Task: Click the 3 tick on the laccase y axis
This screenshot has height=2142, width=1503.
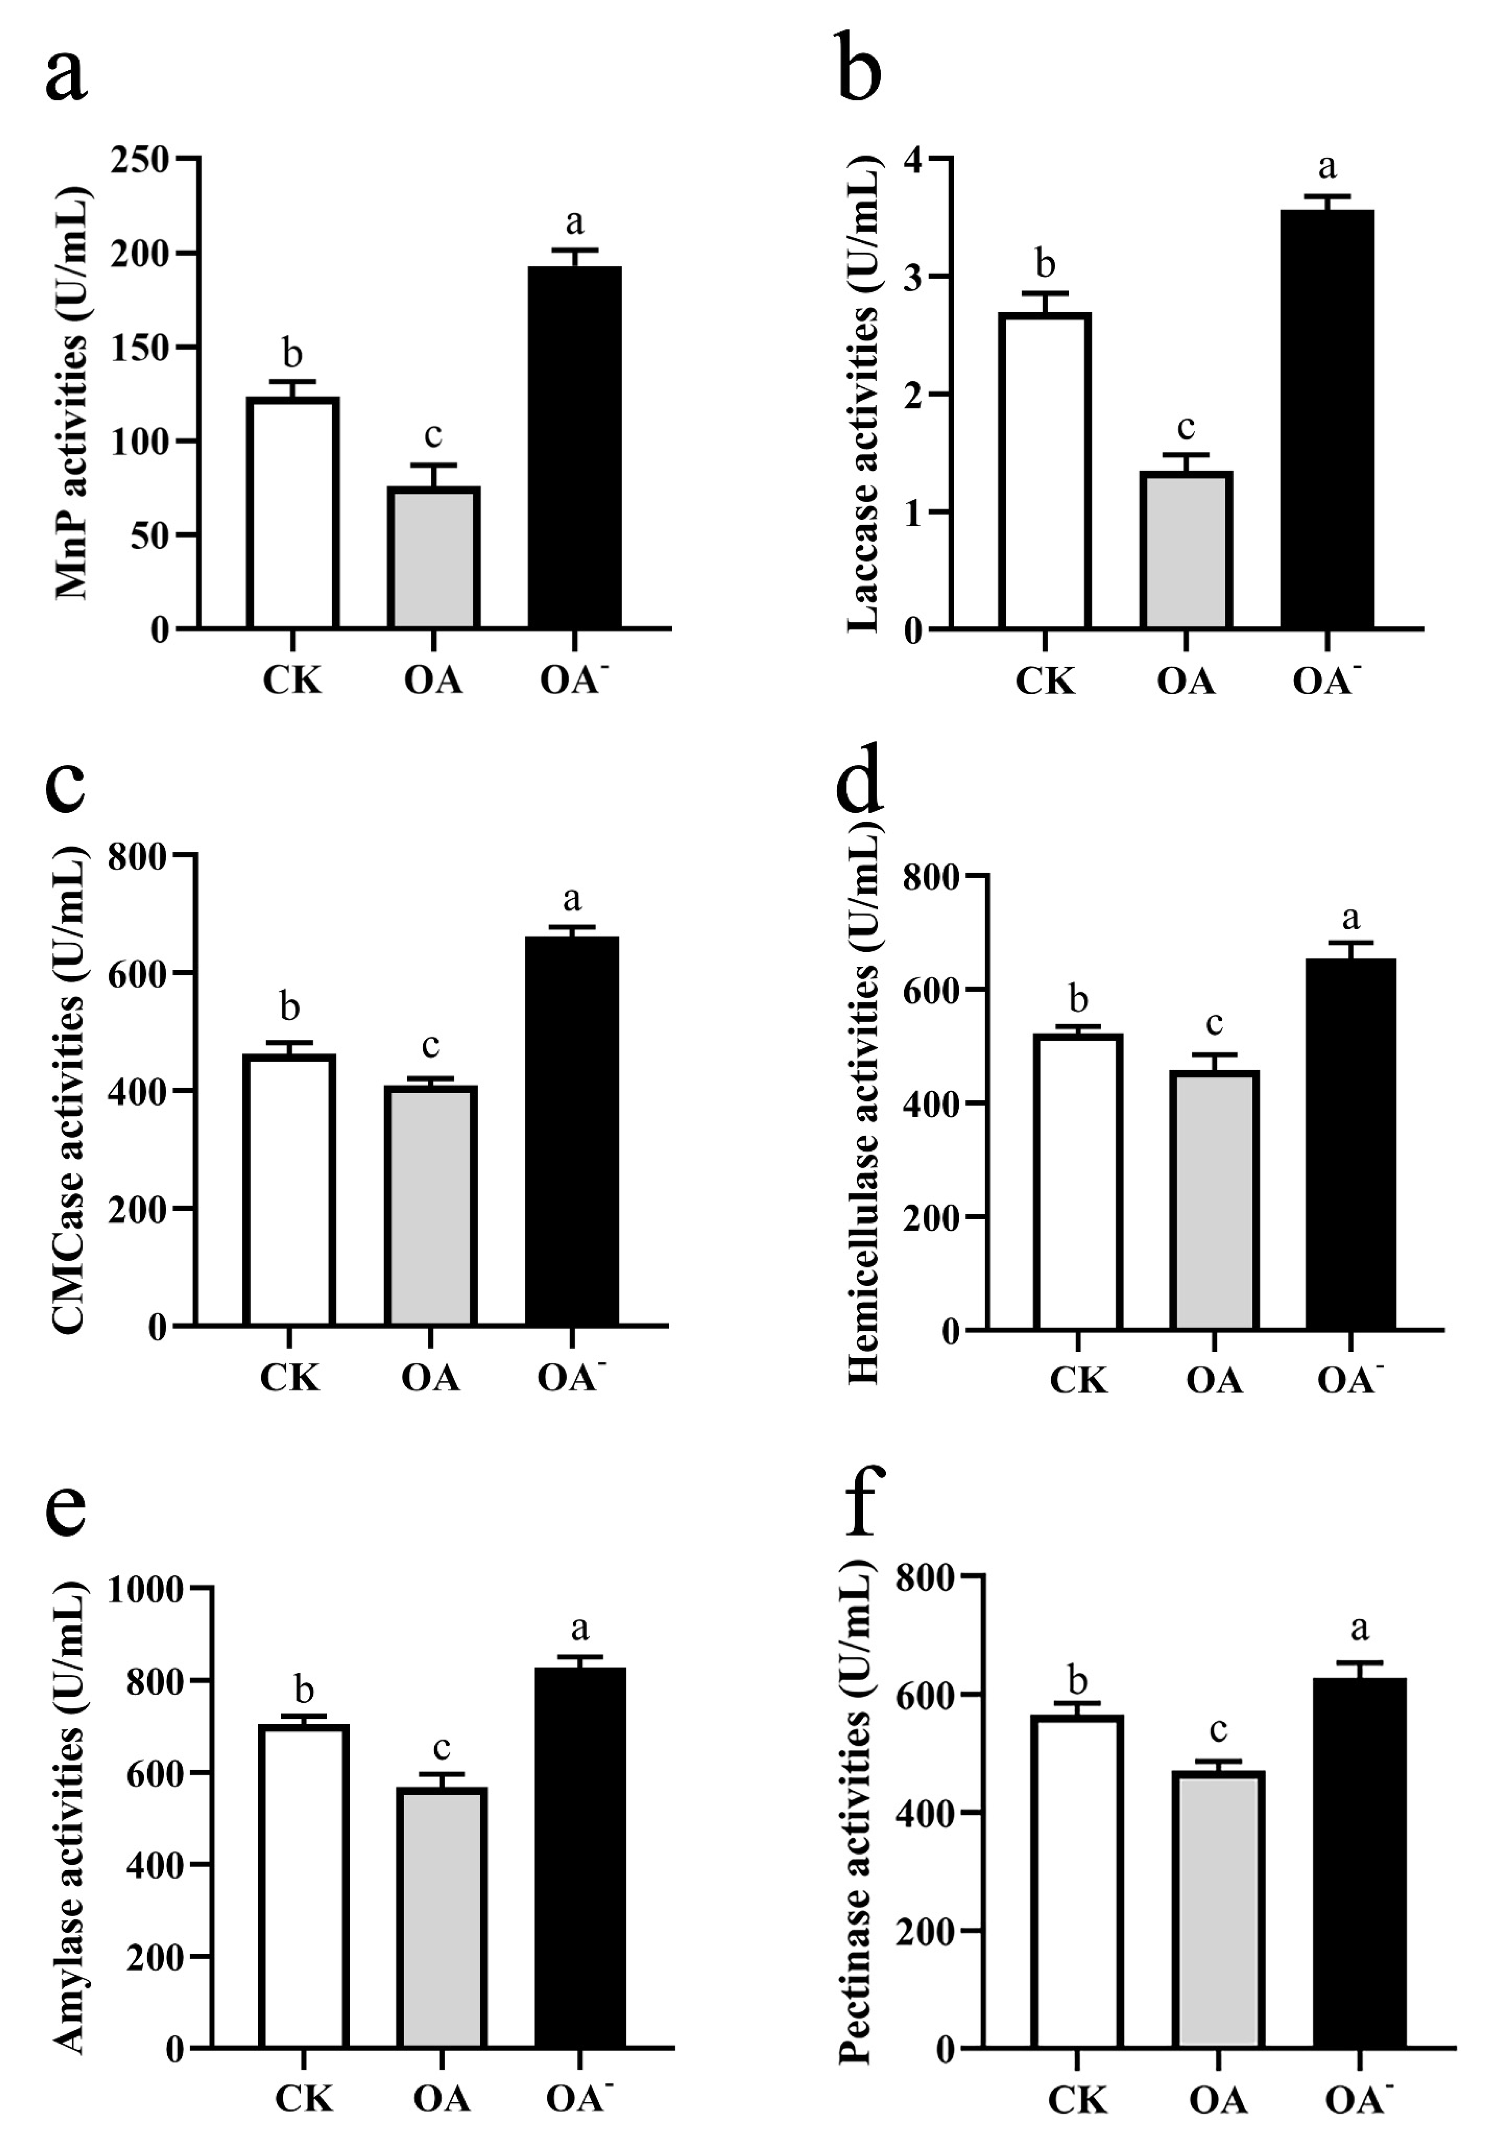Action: (x=913, y=277)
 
